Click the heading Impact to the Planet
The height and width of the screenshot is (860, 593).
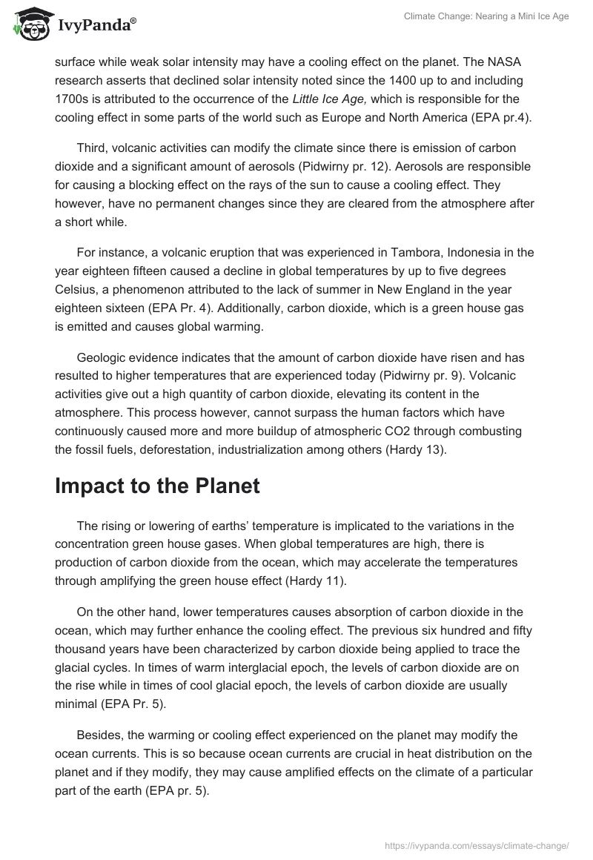click(157, 486)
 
